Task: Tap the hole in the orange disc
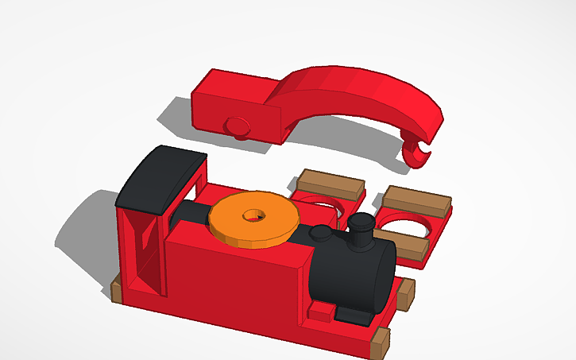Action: click(x=254, y=215)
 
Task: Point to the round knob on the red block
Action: click(x=236, y=126)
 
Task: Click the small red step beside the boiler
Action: click(x=321, y=311)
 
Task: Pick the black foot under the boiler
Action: click(x=354, y=317)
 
